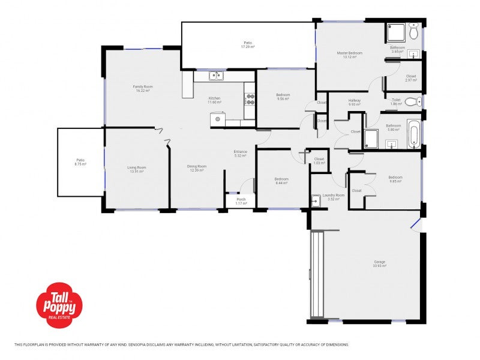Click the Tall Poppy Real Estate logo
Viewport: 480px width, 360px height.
[59, 305]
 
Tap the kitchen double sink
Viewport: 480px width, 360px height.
[215, 76]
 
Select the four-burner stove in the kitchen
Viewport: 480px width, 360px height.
[250, 100]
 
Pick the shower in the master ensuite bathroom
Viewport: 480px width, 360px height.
[395, 32]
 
